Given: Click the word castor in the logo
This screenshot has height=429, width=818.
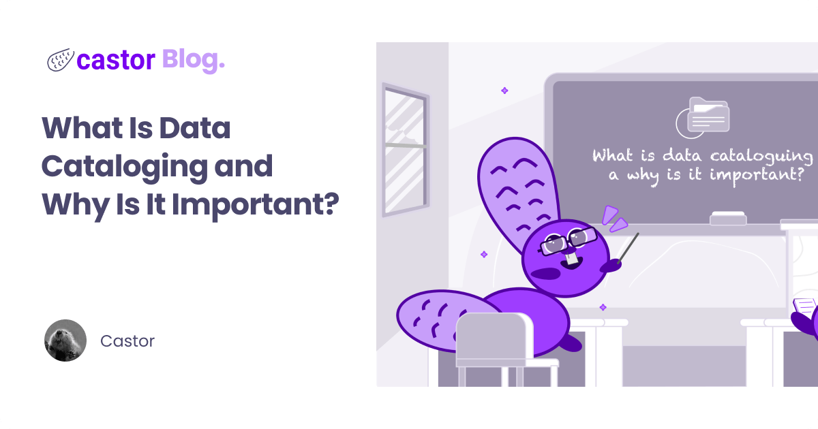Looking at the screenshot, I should coord(116,61).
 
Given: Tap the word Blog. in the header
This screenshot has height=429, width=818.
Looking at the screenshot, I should coord(193,60).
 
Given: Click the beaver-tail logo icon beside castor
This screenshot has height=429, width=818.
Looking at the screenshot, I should coord(60,61).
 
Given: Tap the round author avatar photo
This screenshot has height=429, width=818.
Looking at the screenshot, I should coord(65,340).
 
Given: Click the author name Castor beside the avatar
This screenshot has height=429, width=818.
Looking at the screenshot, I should coord(127,340).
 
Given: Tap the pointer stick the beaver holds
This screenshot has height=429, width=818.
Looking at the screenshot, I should coord(627,247).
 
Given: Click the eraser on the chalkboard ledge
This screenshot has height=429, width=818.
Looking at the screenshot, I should coord(728,219).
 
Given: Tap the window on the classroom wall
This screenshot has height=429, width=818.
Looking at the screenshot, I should coord(404,146).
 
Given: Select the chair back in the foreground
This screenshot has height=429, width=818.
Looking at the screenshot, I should coord(494,337).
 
